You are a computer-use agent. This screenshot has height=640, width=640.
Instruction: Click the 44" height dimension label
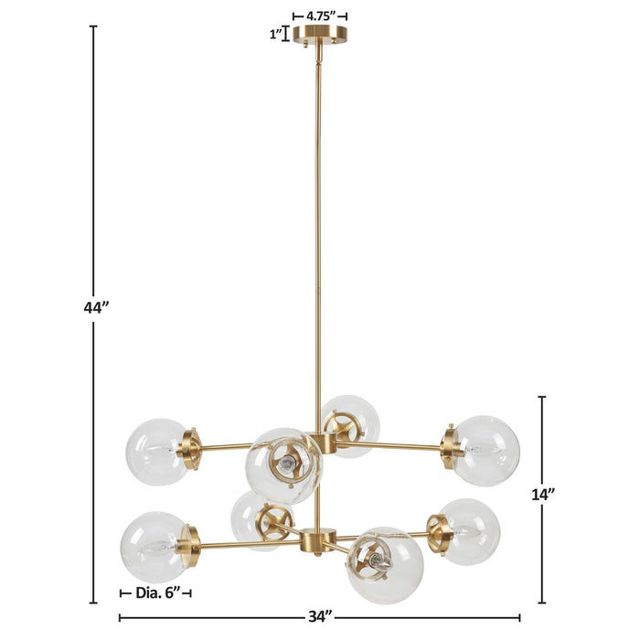click(x=96, y=308)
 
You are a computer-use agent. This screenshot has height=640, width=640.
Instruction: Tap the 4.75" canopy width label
click(x=320, y=16)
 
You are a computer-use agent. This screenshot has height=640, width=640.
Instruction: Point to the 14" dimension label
click(x=543, y=494)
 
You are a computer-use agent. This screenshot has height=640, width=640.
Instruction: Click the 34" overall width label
click(x=319, y=617)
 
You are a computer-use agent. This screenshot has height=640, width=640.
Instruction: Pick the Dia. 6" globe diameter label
click(x=155, y=592)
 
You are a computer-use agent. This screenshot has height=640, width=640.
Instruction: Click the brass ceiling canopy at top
click(x=320, y=35)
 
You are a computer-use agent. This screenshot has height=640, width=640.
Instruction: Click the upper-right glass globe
click(x=487, y=450)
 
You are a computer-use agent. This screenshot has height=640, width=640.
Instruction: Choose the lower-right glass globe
click(x=470, y=530)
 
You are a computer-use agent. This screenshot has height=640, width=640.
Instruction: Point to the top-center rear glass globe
click(x=350, y=423)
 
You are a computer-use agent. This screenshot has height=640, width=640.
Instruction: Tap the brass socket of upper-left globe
click(x=192, y=449)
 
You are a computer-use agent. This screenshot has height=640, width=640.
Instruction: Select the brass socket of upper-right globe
click(x=450, y=447)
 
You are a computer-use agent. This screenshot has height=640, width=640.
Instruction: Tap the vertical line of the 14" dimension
click(x=542, y=549)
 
